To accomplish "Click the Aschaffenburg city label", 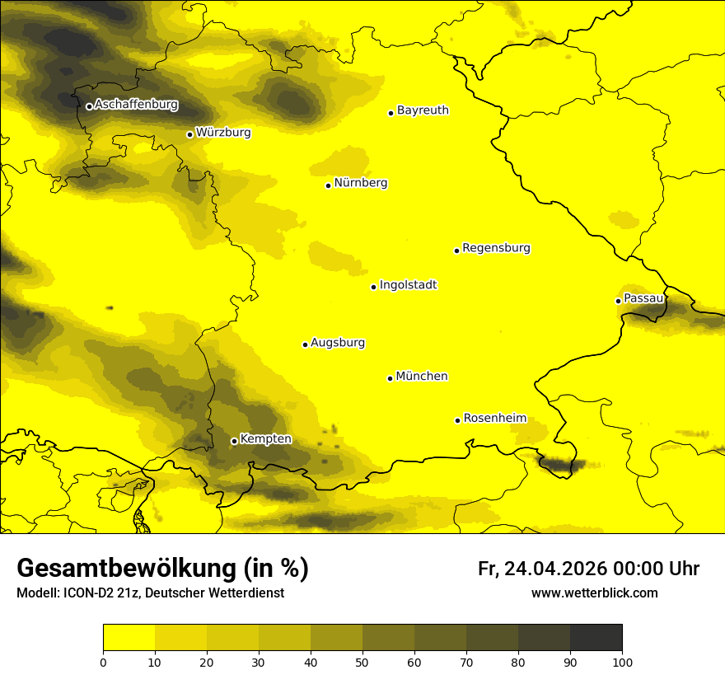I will coord(136,105).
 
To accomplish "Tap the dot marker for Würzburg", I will coord(189,134).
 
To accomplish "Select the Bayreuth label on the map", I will coord(423,110).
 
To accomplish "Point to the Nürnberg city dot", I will coord(328,185).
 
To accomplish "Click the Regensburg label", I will coord(496,248).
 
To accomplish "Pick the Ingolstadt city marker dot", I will coord(373,287).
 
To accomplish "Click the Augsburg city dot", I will coord(305,344).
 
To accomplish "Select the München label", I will coord(422,377).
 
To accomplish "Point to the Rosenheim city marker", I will coord(457,420).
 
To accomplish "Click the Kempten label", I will coord(265,439).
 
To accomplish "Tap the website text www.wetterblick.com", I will coord(594,593).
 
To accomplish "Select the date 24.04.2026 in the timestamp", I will coord(555,569).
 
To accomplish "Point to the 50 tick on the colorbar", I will coord(362,661).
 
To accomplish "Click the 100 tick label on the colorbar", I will coord(621,661).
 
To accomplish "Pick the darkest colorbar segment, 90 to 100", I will coord(596,638).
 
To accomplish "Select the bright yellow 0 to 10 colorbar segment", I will coord(129,638).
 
